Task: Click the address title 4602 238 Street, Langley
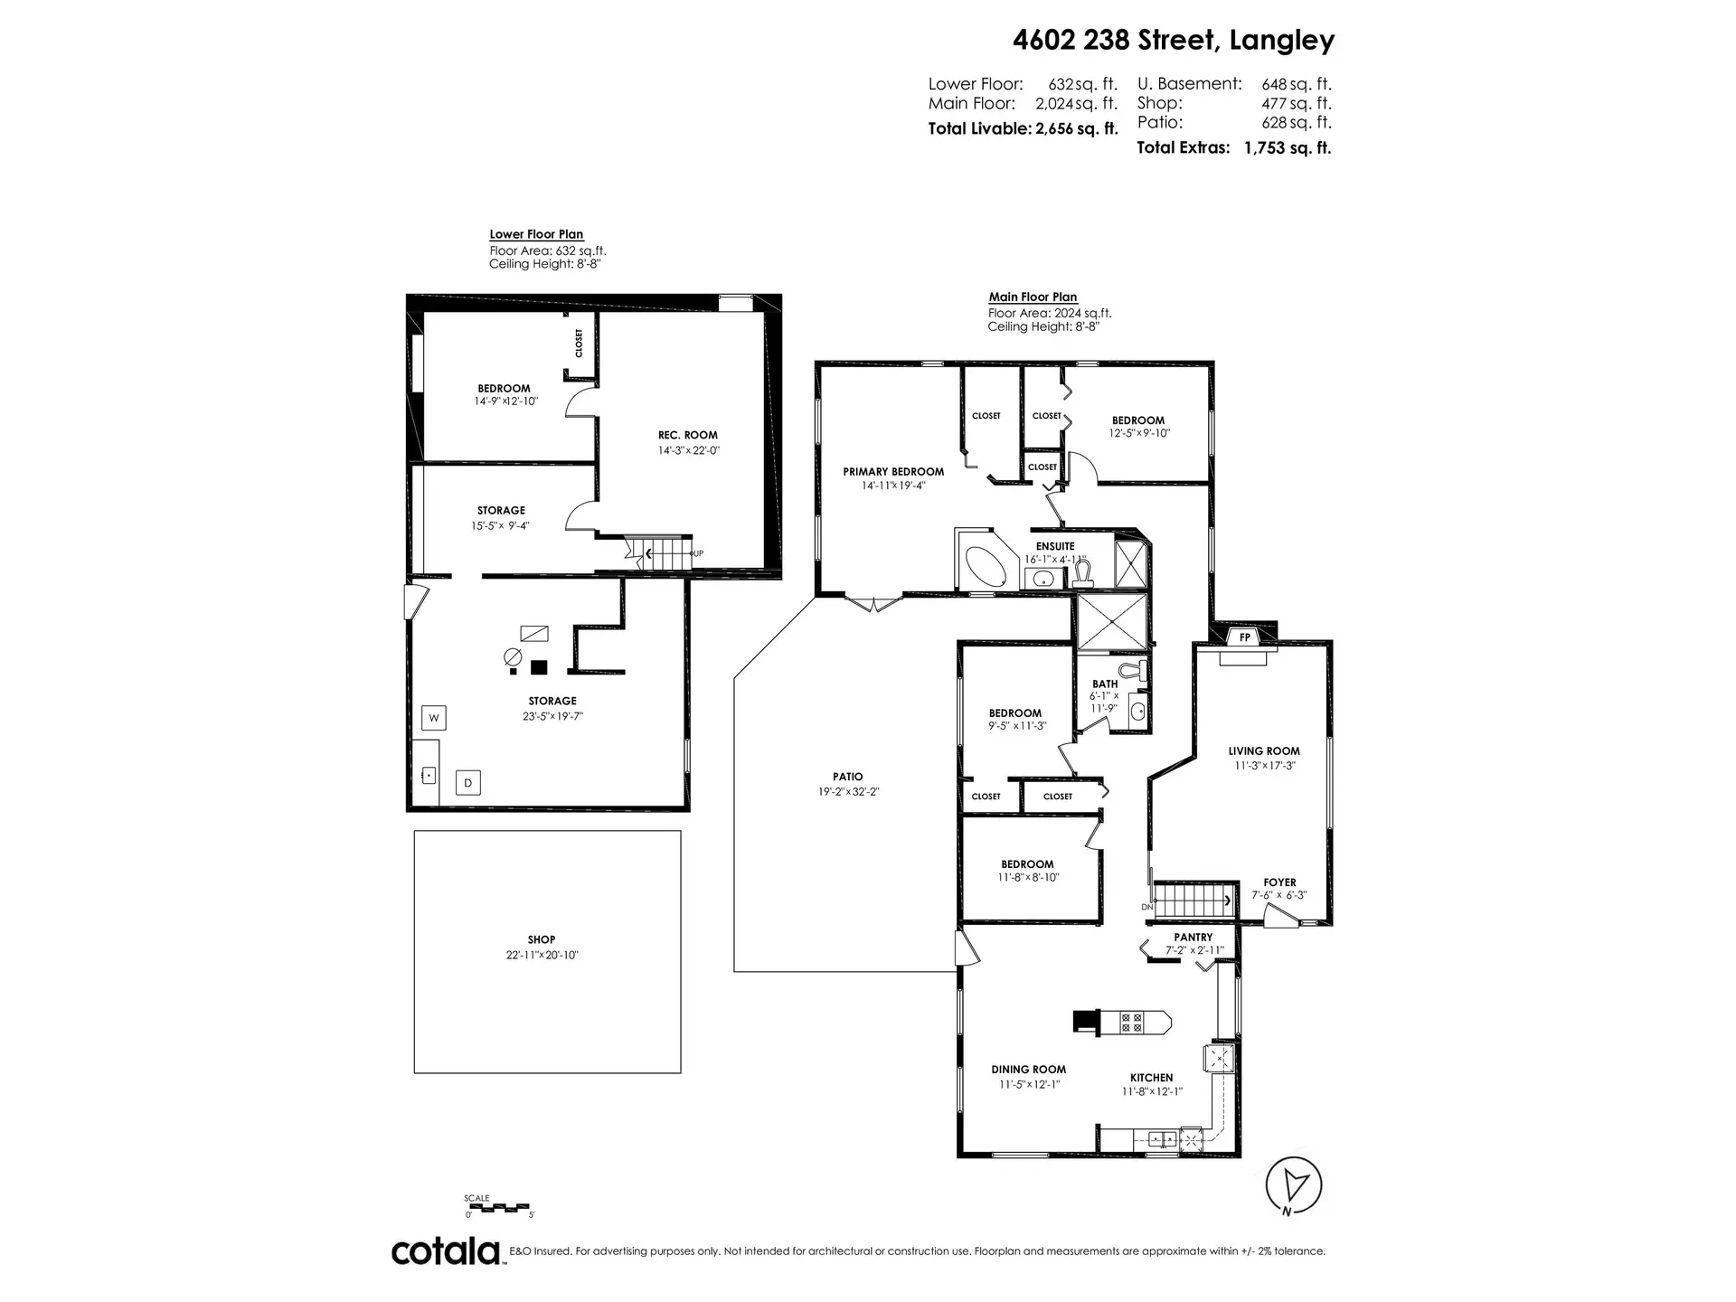(1173, 41)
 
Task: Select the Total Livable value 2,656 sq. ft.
(1076, 128)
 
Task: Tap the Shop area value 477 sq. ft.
(1296, 103)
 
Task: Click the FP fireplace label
(1245, 637)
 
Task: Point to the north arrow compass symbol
(1295, 1184)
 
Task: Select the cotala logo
(447, 1251)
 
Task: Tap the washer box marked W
(434, 719)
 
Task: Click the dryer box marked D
(467, 783)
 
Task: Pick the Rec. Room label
(688, 435)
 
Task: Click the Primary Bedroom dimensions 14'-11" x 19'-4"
(893, 486)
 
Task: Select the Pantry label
(1193, 938)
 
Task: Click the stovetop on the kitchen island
(1131, 1023)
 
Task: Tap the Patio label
(847, 777)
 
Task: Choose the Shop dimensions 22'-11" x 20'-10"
(542, 955)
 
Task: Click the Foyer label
(1279, 882)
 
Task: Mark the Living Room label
(1263, 750)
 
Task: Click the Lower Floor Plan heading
(536, 234)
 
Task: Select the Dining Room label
(1028, 1070)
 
